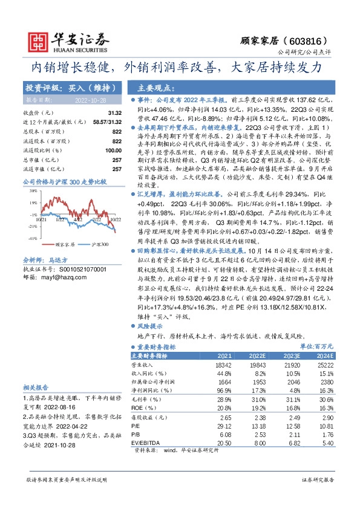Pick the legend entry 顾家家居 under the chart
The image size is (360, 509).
(x=65, y=244)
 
